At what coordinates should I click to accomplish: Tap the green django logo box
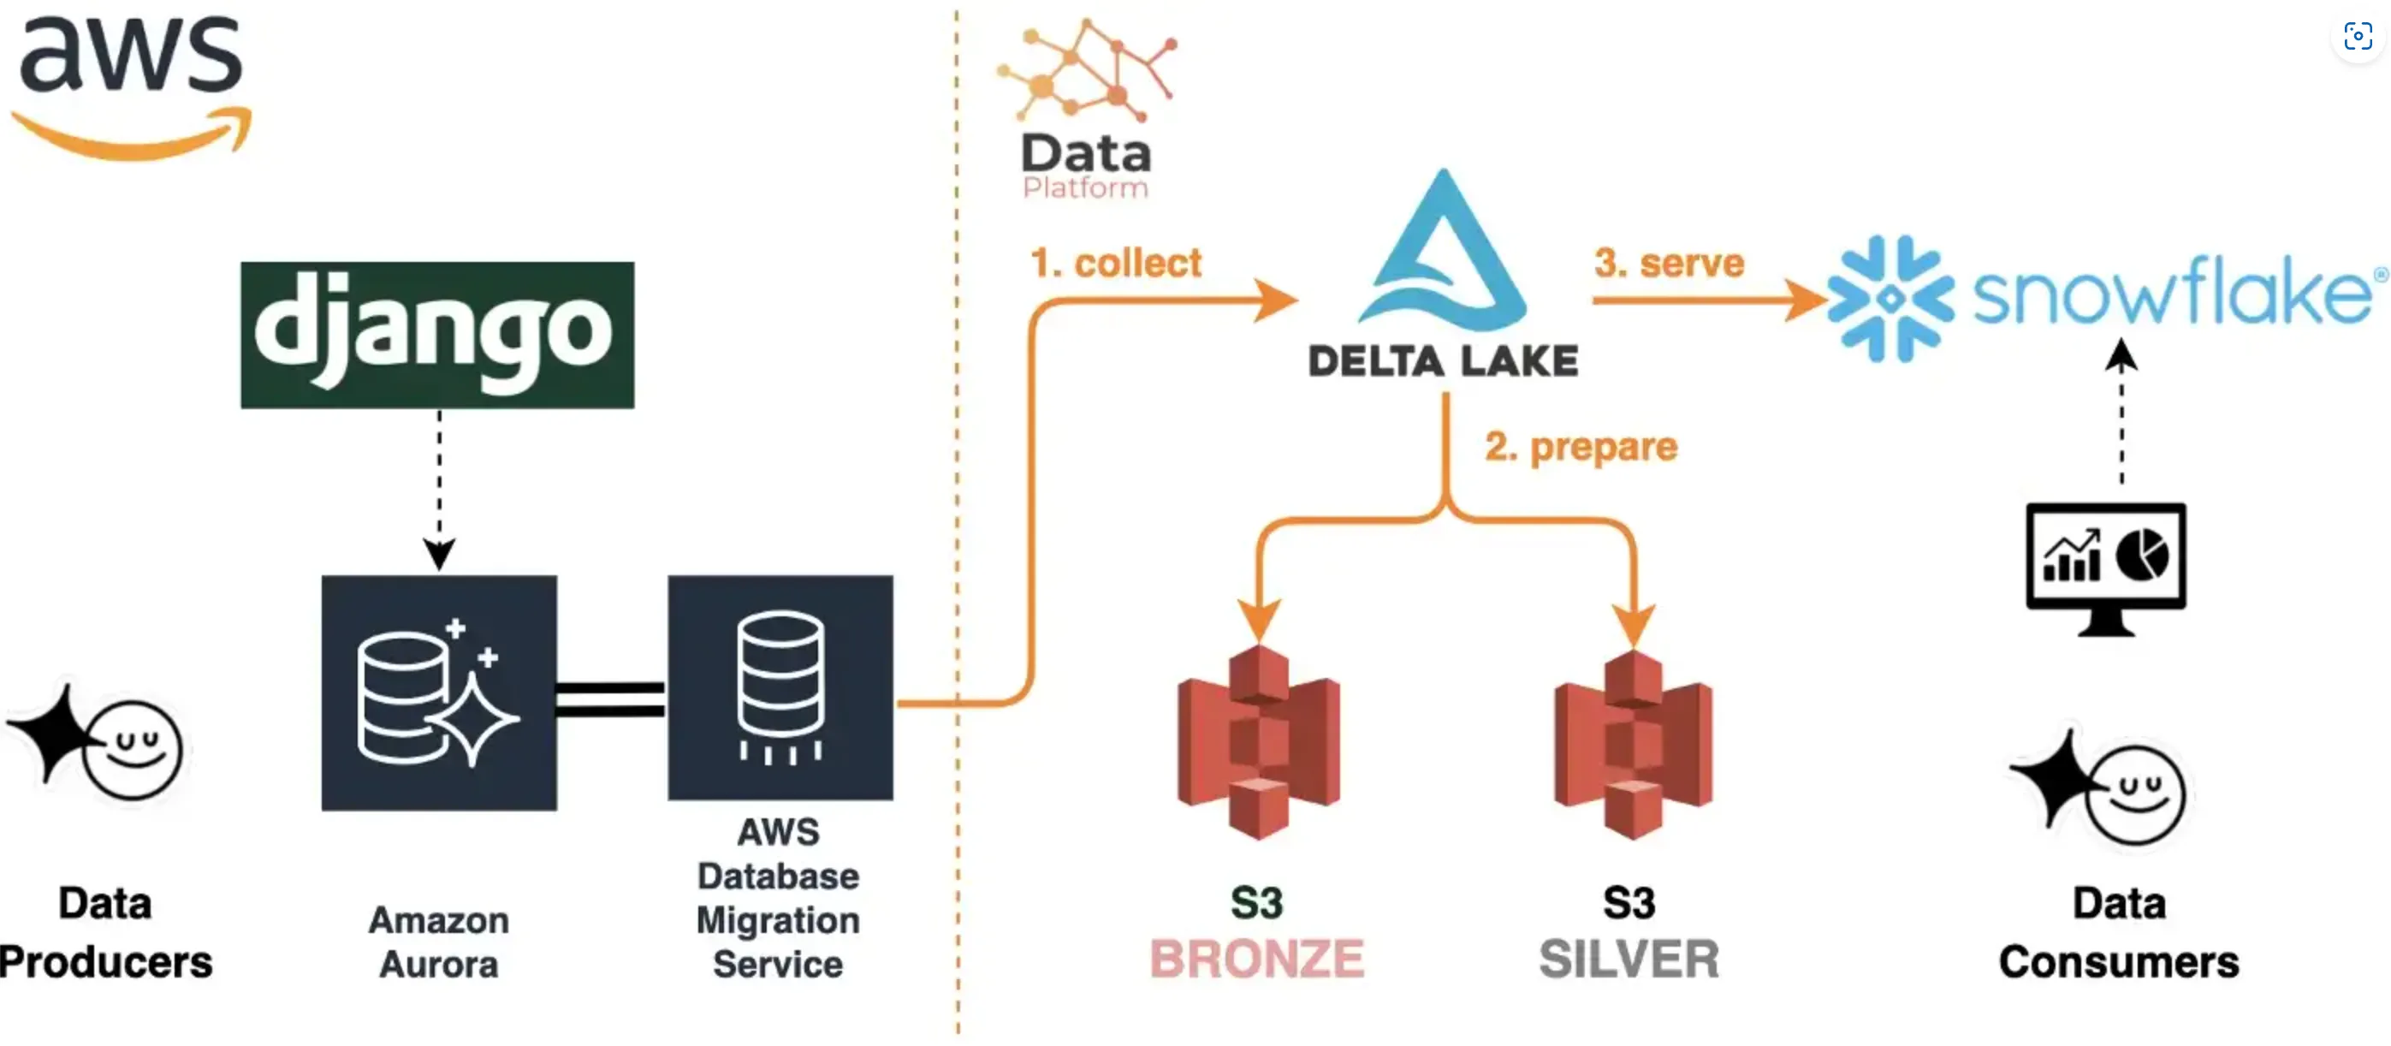coord(437,334)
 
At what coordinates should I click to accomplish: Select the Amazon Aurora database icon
coord(439,692)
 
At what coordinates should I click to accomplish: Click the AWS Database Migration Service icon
coord(780,687)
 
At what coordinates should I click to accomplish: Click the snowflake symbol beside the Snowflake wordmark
coord(1890,298)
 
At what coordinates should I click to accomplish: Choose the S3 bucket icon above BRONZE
coord(1258,742)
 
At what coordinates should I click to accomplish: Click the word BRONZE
coord(1257,959)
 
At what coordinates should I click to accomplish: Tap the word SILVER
coord(1629,959)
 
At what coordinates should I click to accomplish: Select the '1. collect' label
coord(1116,263)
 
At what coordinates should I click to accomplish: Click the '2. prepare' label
coord(1581,447)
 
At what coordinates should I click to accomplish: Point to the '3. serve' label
coord(1669,263)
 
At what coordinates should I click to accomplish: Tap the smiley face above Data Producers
coord(132,749)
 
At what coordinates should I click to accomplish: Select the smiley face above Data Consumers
coord(2135,794)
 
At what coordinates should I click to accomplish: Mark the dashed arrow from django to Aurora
coord(439,487)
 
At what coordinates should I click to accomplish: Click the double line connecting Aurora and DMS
coord(610,700)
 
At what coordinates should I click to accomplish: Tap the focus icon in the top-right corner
coord(2357,37)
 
